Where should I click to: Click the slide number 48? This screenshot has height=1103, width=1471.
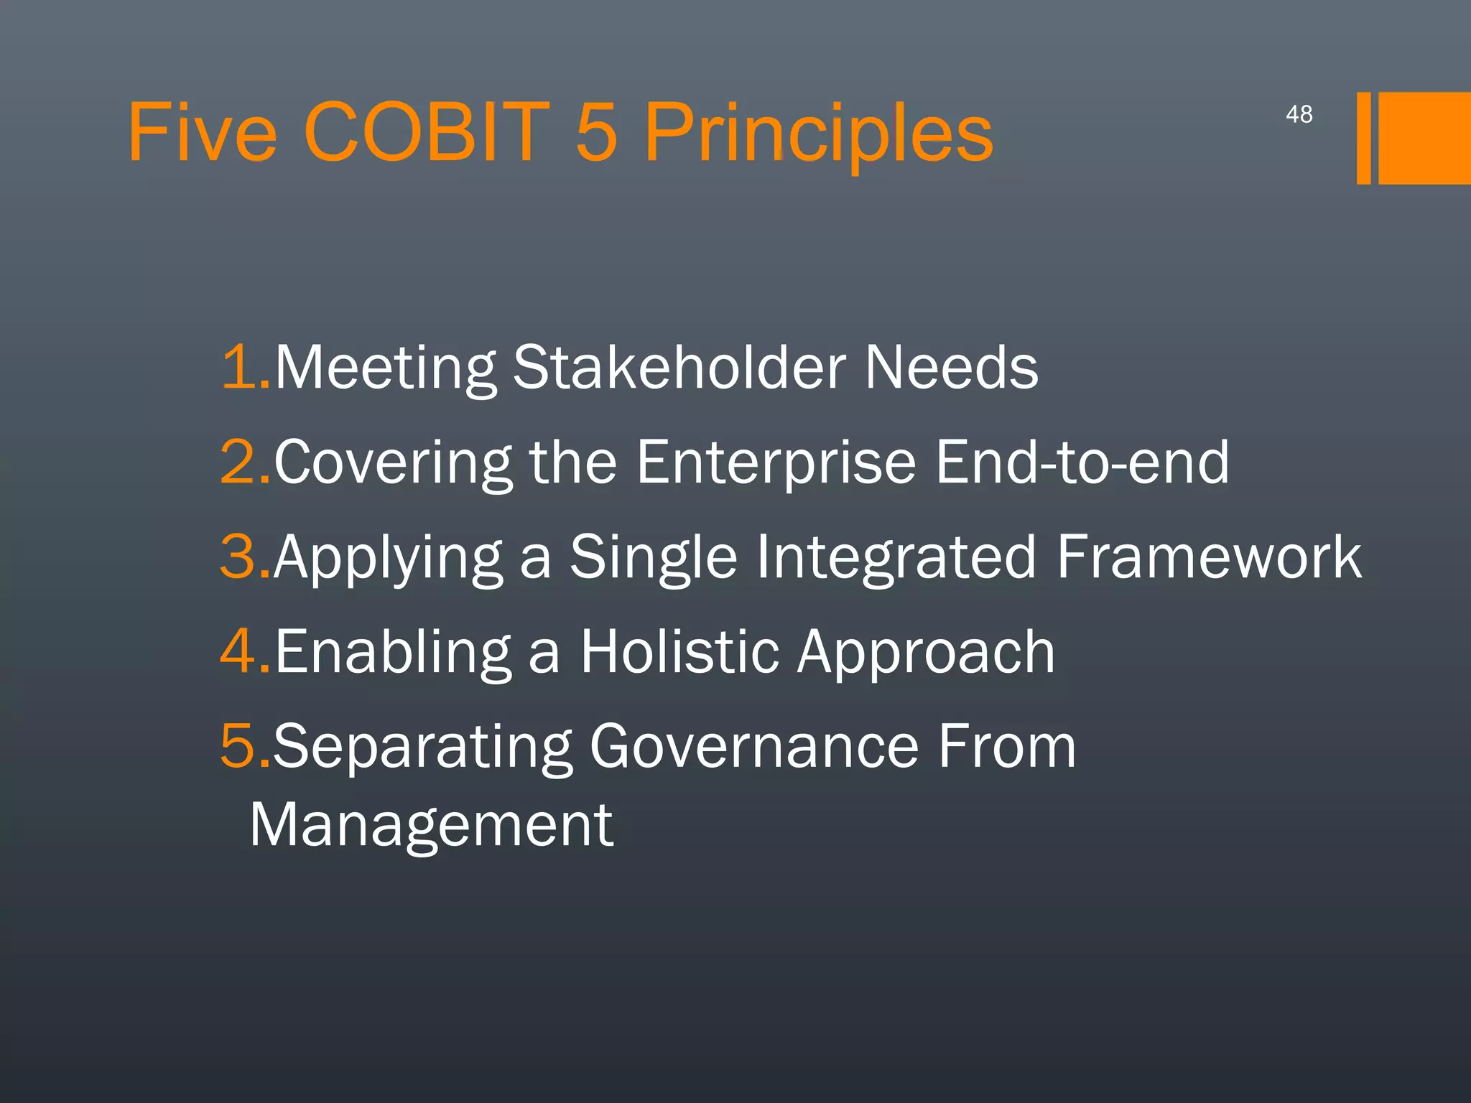click(x=1299, y=114)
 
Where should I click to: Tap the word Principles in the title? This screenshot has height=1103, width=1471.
click(x=818, y=134)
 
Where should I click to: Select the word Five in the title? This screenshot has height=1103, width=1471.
click(x=202, y=132)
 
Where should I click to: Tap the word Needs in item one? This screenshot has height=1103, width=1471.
click(x=951, y=367)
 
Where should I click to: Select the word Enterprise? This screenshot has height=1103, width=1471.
click(x=775, y=462)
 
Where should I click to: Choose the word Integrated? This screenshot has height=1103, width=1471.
click(x=896, y=557)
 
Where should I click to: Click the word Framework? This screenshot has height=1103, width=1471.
click(x=1209, y=557)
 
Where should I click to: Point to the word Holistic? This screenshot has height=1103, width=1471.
click(x=679, y=651)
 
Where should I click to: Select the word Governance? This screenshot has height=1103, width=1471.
click(x=753, y=746)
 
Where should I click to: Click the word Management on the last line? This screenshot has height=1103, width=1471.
click(x=431, y=826)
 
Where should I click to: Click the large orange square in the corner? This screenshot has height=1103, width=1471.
click(x=1424, y=138)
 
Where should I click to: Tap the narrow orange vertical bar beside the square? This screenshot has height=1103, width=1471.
click(x=1363, y=138)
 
